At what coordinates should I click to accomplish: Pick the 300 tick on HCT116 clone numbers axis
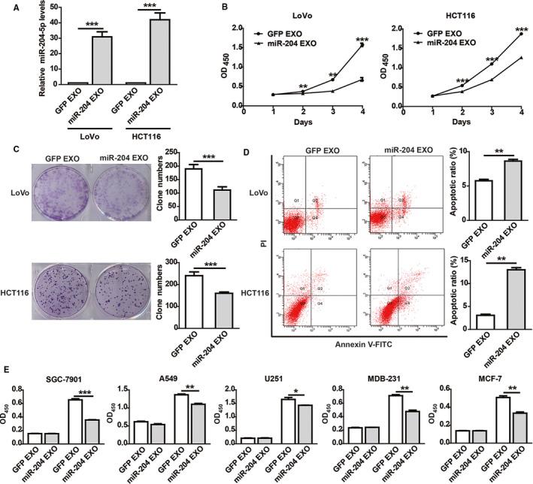pyautogui.click(x=171, y=261)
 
